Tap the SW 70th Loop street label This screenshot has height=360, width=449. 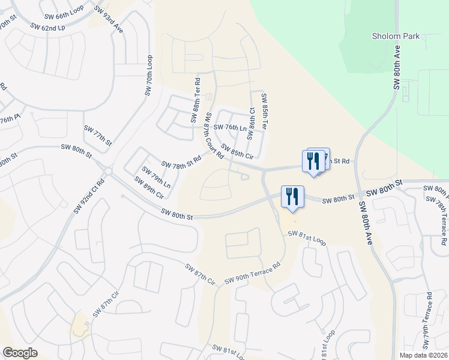tap(149, 76)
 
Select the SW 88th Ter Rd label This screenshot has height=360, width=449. tap(196, 100)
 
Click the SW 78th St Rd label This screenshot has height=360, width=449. tap(181, 162)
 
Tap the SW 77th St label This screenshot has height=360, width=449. tap(98, 136)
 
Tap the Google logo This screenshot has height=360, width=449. tap(20, 352)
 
